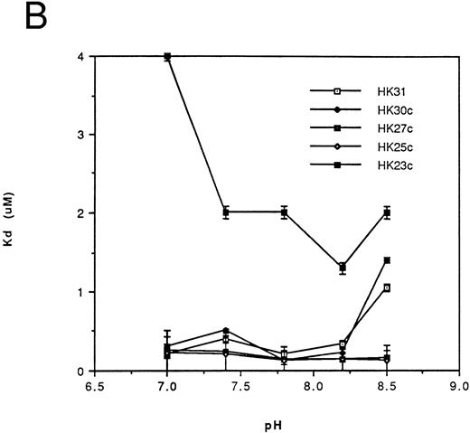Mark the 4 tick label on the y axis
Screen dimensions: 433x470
click(x=82, y=56)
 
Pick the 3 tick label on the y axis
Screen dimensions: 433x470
click(x=82, y=135)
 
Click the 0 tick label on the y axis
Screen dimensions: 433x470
click(x=82, y=371)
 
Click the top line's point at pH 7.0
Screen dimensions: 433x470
click(x=167, y=57)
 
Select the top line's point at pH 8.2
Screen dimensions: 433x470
click(x=342, y=268)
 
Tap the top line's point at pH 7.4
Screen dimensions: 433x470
click(x=225, y=212)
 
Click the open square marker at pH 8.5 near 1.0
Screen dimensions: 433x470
click(x=386, y=287)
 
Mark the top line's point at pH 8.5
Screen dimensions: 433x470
click(x=386, y=212)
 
